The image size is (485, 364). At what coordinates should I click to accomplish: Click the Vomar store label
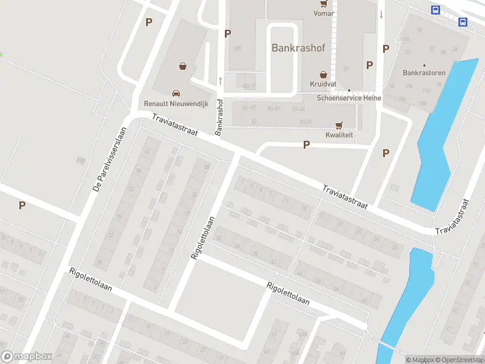click(324, 13)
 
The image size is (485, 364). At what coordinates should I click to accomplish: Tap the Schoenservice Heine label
click(348, 98)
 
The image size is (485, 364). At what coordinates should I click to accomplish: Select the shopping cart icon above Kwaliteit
click(339, 126)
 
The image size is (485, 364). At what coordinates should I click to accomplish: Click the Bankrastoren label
click(424, 73)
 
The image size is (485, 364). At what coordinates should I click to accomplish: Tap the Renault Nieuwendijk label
click(176, 104)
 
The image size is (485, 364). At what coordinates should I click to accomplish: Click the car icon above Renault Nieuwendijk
click(176, 93)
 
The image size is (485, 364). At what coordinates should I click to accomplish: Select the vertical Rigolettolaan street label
click(203, 238)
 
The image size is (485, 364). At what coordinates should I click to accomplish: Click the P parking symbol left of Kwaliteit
click(306, 145)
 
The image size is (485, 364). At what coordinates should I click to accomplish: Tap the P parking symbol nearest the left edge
click(22, 206)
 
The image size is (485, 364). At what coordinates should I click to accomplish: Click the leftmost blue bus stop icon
click(435, 10)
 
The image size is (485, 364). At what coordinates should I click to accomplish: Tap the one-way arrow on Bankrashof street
click(220, 80)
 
